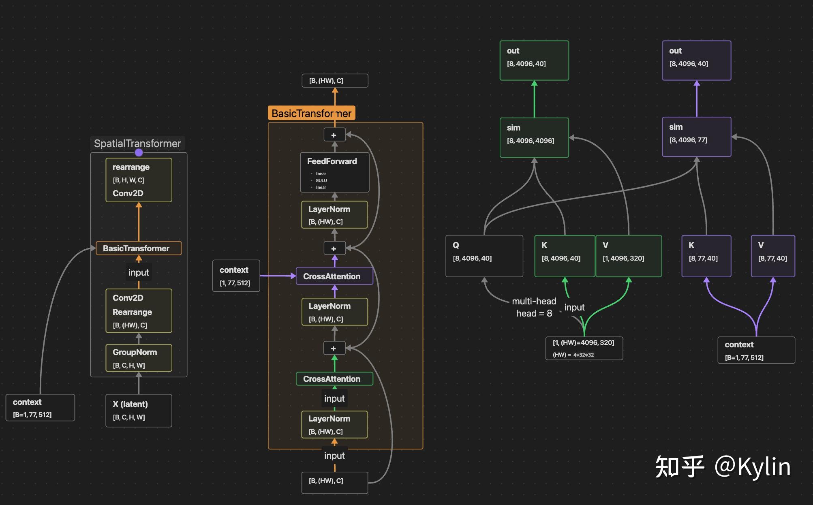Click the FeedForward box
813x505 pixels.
point(334,172)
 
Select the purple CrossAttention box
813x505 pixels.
point(334,276)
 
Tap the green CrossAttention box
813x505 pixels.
point(334,379)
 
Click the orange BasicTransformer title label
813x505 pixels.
point(311,113)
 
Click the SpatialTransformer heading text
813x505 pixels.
point(137,143)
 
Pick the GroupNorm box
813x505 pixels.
point(139,358)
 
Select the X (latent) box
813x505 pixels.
point(139,411)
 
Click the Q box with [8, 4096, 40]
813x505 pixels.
point(484,256)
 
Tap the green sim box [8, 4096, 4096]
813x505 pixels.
point(534,137)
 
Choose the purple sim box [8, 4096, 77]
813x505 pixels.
point(697,137)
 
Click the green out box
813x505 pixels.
point(534,60)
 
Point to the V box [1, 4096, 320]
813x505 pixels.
point(629,256)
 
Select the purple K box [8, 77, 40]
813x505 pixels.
point(706,256)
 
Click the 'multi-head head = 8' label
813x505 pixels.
point(534,307)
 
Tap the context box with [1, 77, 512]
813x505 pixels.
point(236,276)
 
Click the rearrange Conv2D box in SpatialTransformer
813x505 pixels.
point(139,180)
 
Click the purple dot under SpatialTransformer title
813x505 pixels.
point(139,152)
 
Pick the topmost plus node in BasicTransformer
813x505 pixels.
point(334,135)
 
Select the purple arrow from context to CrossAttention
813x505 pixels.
point(278,276)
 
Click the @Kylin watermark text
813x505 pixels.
point(752,466)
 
